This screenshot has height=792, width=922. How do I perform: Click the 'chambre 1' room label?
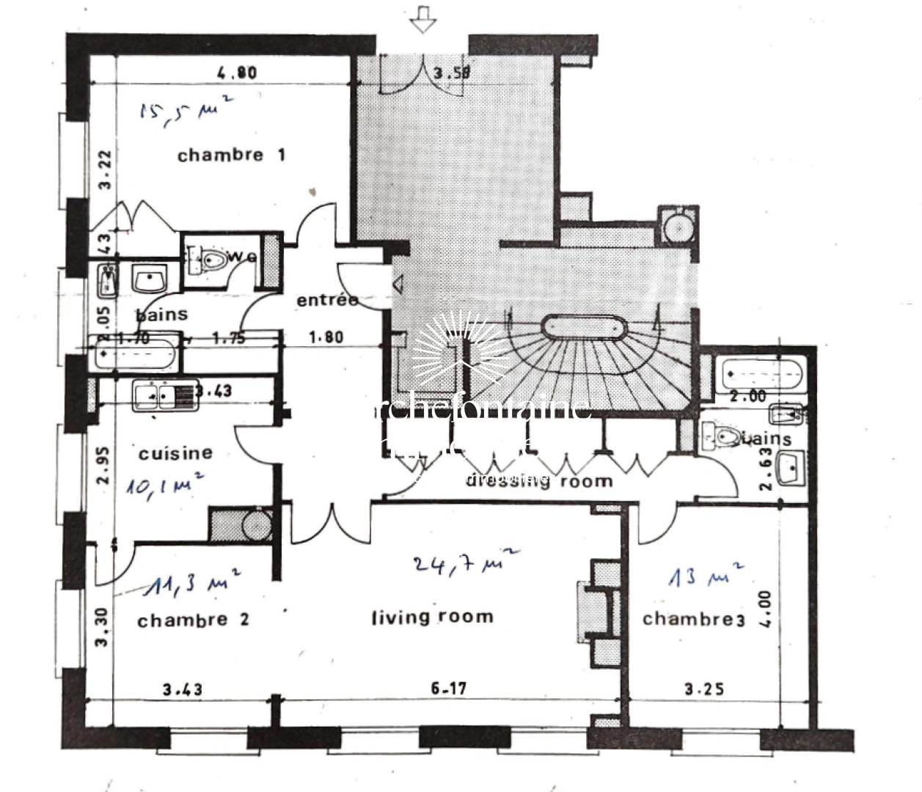[x=231, y=155]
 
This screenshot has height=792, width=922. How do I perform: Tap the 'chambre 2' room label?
[x=193, y=620]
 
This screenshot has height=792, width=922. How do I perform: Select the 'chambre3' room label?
[x=693, y=620]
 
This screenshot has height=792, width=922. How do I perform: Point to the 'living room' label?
[x=432, y=617]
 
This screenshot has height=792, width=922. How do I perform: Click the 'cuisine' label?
[x=175, y=453]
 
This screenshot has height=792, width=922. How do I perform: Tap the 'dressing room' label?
[x=539, y=481]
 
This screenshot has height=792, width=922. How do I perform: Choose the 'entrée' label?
[x=327, y=300]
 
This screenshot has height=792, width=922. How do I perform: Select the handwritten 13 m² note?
[x=705, y=576]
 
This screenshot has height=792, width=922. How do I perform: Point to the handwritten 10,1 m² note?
[x=163, y=485]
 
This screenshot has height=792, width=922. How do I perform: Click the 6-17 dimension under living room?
[x=448, y=689]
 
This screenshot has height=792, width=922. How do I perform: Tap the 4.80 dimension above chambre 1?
[x=237, y=73]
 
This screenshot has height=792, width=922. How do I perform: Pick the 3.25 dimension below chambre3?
[x=704, y=689]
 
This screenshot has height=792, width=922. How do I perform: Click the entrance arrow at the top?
[x=422, y=19]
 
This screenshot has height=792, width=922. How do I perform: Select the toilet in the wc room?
[x=212, y=260]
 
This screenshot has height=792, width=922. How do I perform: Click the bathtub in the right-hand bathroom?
[x=764, y=374]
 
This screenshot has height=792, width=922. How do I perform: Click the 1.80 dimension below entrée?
[x=325, y=337]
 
